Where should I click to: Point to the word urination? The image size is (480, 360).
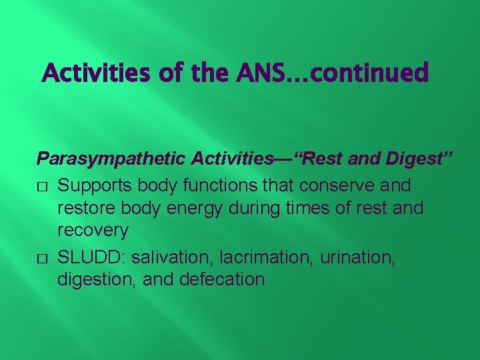coord(358,256)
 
